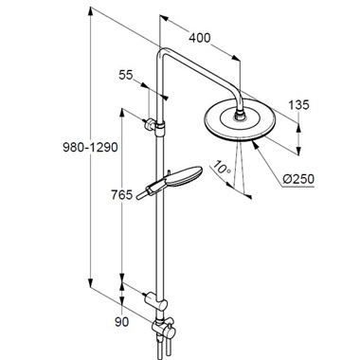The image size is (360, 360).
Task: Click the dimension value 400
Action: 199,39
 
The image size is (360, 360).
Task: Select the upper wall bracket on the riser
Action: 156,123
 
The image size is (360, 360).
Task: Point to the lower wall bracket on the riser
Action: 156,300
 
